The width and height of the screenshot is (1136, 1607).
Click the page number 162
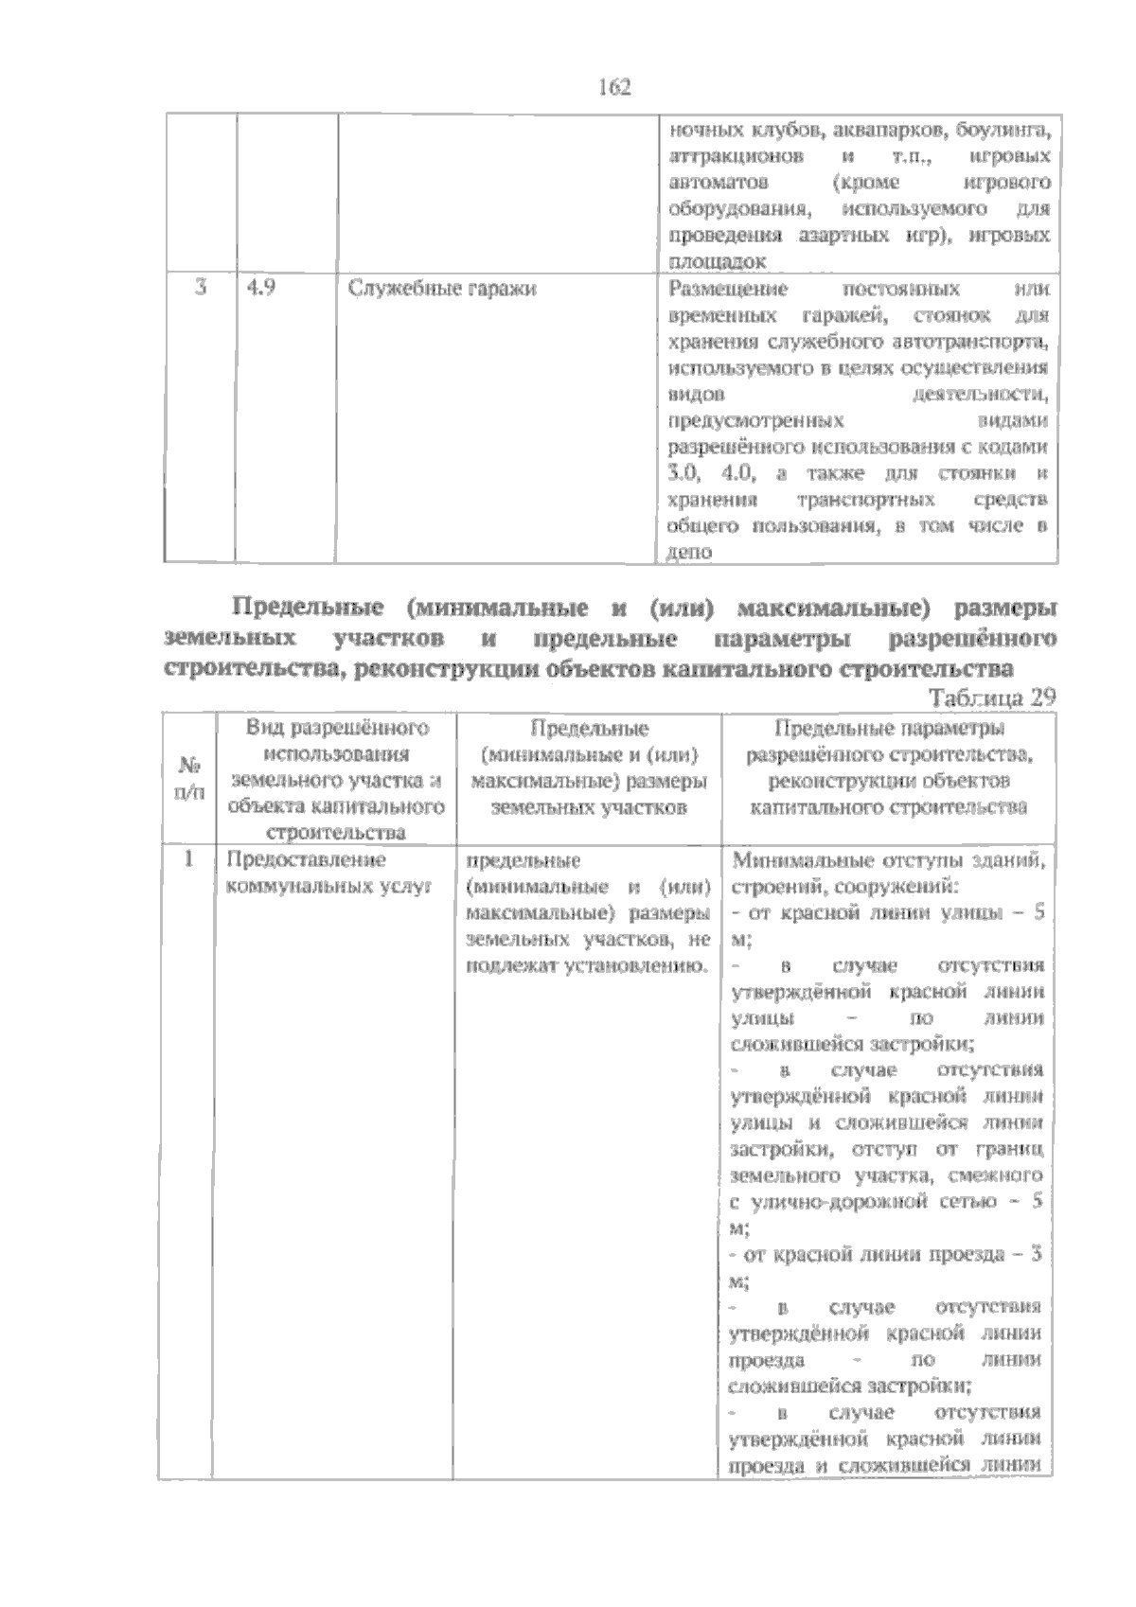click(x=614, y=87)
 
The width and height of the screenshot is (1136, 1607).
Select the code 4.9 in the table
click(x=259, y=289)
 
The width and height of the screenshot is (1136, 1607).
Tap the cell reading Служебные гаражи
click(x=441, y=289)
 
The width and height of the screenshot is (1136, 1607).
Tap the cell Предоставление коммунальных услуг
click(x=322, y=874)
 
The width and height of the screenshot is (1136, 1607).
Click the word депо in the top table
click(x=689, y=553)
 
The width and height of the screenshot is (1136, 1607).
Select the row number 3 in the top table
click(x=200, y=289)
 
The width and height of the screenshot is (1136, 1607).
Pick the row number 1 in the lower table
click(x=188, y=860)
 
